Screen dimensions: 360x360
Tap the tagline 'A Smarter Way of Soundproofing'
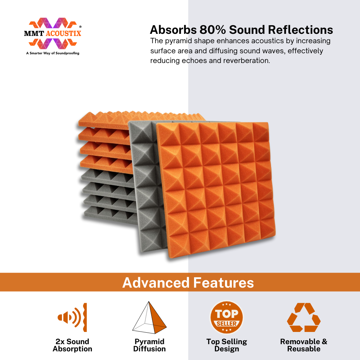[x=53, y=53]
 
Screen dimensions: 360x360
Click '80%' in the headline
[x=212, y=30]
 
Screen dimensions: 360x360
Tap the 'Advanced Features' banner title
[x=188, y=282]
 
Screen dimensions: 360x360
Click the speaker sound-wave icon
[x=72, y=317]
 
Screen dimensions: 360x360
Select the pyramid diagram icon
[x=149, y=318]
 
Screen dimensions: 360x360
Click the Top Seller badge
[x=226, y=318]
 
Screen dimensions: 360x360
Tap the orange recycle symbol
[x=304, y=317]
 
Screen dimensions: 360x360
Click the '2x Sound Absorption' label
[x=72, y=345]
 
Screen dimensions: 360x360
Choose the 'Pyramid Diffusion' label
[x=149, y=345]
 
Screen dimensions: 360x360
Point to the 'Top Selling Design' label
[x=226, y=345]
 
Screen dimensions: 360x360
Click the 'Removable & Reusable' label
[x=304, y=345]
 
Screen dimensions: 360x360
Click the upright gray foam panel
[x=147, y=184]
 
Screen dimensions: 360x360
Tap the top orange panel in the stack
[x=108, y=120]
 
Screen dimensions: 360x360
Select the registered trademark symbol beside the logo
[x=80, y=27]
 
